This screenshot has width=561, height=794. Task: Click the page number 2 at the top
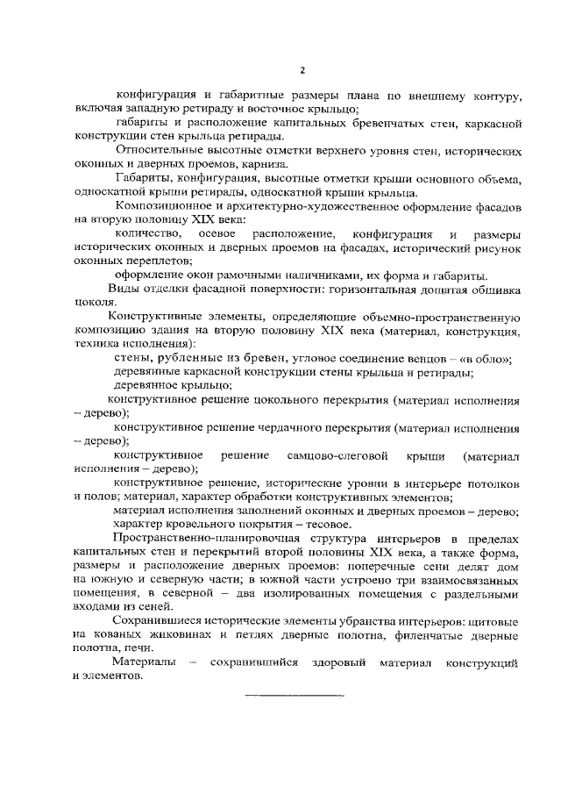tap(302, 69)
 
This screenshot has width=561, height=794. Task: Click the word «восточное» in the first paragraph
tap(266, 109)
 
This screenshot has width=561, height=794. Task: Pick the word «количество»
tap(147, 234)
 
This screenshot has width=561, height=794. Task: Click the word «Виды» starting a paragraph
tap(121, 290)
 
